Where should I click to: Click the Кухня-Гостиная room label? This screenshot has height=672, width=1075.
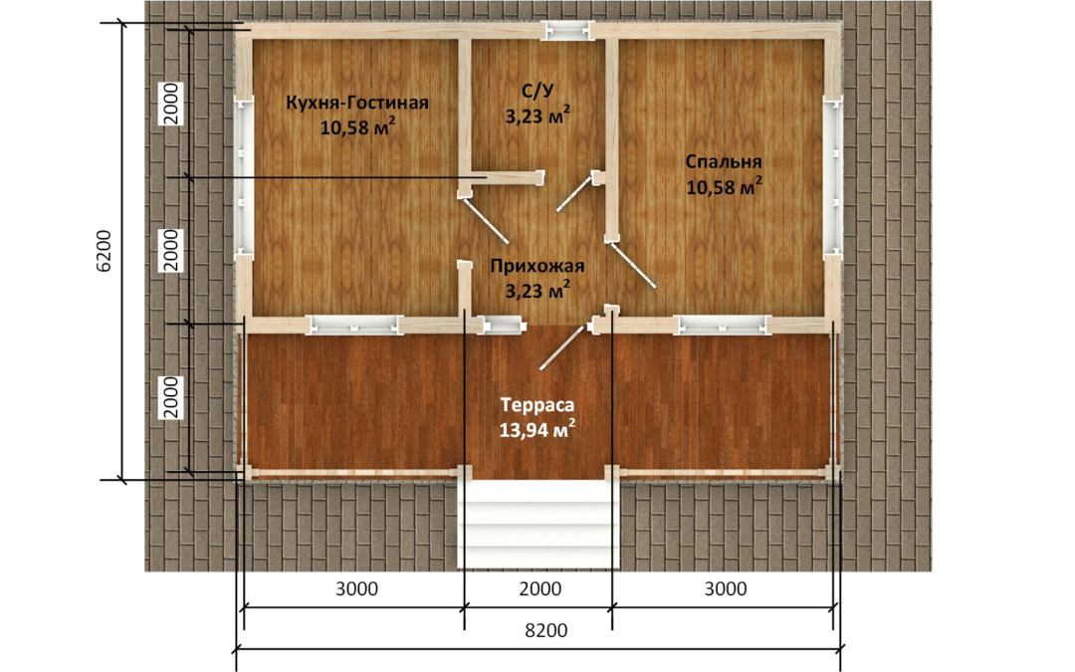pos(357,103)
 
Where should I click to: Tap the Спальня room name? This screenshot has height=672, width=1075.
pos(724,162)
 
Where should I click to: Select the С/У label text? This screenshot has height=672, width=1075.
pos(538,90)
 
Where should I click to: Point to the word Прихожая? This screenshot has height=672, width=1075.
pos(537,266)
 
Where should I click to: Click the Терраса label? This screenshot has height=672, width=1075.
pos(537,404)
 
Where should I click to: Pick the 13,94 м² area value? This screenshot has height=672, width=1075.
pos(537,429)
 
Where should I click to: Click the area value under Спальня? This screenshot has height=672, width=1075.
pos(724,186)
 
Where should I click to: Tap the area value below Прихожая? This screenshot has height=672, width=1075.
pos(537,291)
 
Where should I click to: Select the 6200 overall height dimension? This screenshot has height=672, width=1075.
pos(103,251)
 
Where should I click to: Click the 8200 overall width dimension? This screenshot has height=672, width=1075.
pos(546,630)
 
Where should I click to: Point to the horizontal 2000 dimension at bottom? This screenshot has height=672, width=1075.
pos(539,588)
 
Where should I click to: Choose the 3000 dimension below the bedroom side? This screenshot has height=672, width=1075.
pos(726,588)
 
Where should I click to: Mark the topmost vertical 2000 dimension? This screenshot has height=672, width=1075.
pos(171,103)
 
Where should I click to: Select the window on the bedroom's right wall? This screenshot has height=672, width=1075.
pos(833,178)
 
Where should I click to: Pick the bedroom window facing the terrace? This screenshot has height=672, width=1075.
pos(721,325)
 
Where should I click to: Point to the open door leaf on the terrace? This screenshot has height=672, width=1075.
pos(562,348)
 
